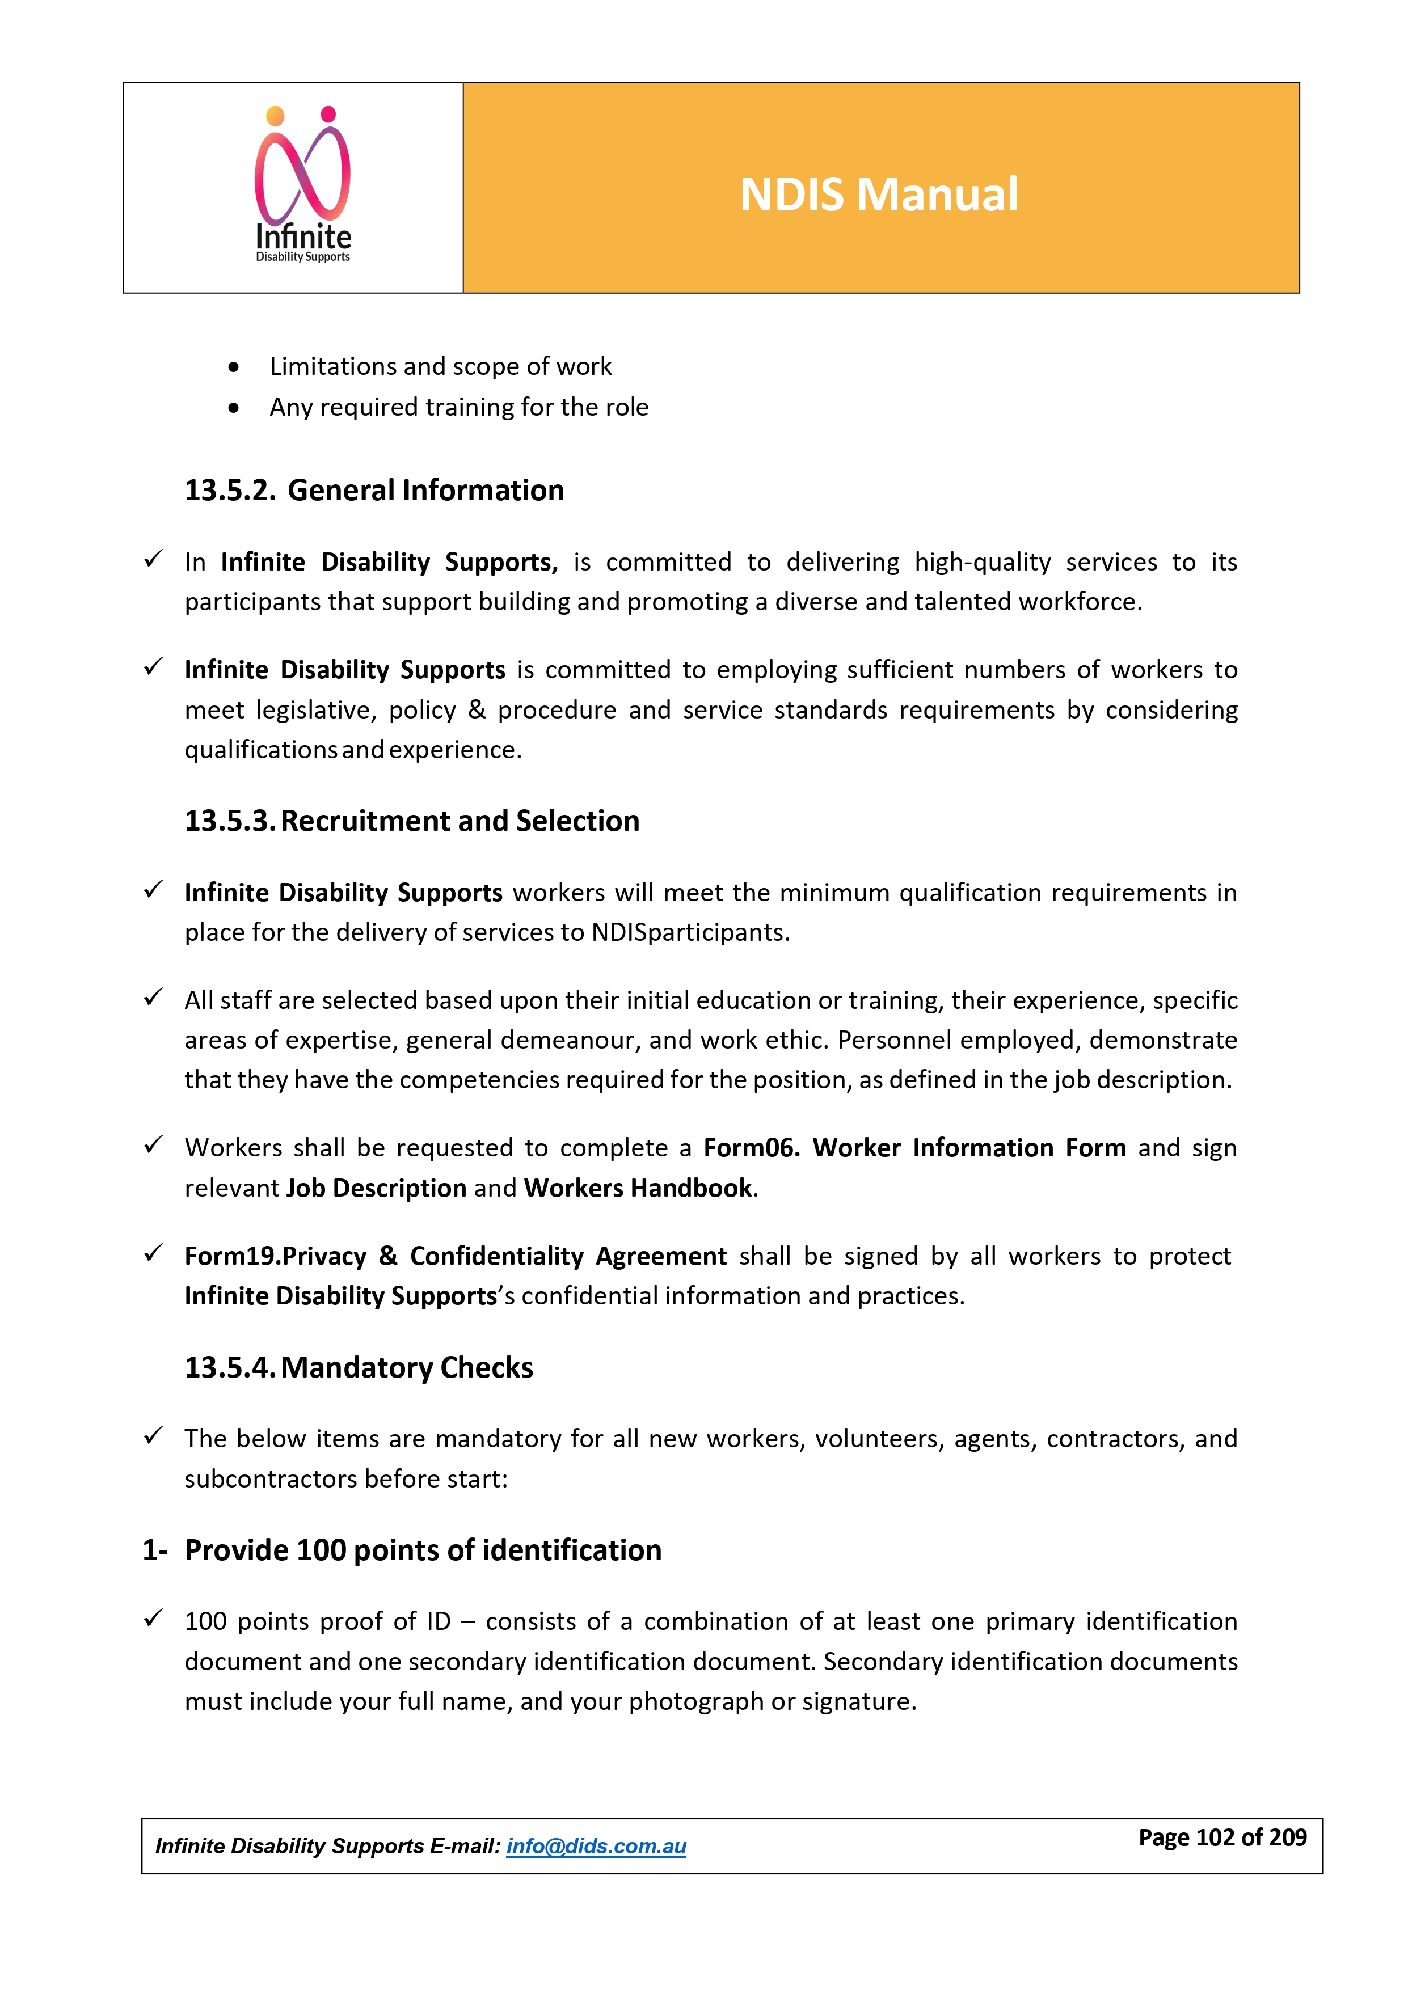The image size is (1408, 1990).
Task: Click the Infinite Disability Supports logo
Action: click(x=302, y=185)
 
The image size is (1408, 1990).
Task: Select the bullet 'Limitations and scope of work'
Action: click(x=440, y=366)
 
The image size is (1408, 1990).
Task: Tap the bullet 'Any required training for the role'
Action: click(x=458, y=407)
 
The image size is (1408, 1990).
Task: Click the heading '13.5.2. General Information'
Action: click(x=374, y=491)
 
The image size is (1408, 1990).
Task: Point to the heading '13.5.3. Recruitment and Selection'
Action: click(x=412, y=821)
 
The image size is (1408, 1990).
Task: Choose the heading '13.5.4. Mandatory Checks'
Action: click(x=359, y=1368)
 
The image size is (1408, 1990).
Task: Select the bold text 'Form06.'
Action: click(x=751, y=1148)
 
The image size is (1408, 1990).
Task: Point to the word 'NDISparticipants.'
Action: click(x=690, y=932)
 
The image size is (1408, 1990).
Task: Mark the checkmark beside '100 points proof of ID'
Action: click(x=154, y=1619)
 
